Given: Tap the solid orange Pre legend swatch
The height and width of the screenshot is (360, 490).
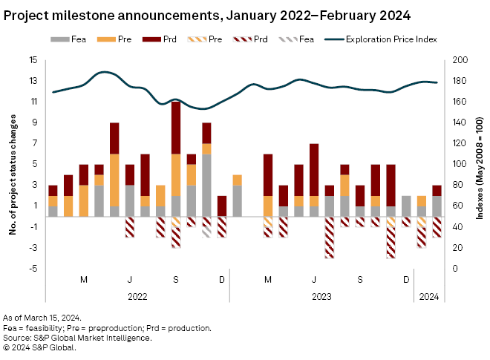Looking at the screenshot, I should click(108, 38).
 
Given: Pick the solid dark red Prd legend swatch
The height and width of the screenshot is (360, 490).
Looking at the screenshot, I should click(153, 38).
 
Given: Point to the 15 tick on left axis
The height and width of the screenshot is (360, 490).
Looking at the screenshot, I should click(33, 60).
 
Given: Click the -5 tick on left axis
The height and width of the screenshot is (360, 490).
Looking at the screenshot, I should click(34, 268).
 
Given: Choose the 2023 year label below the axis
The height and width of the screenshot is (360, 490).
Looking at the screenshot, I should click(321, 295).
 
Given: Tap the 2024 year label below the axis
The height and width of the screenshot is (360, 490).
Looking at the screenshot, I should click(429, 295).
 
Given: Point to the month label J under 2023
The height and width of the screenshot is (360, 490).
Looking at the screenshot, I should click(314, 279).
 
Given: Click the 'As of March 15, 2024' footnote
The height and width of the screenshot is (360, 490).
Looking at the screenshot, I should click(42, 318).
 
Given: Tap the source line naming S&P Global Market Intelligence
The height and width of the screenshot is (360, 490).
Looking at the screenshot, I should click(78, 337).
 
